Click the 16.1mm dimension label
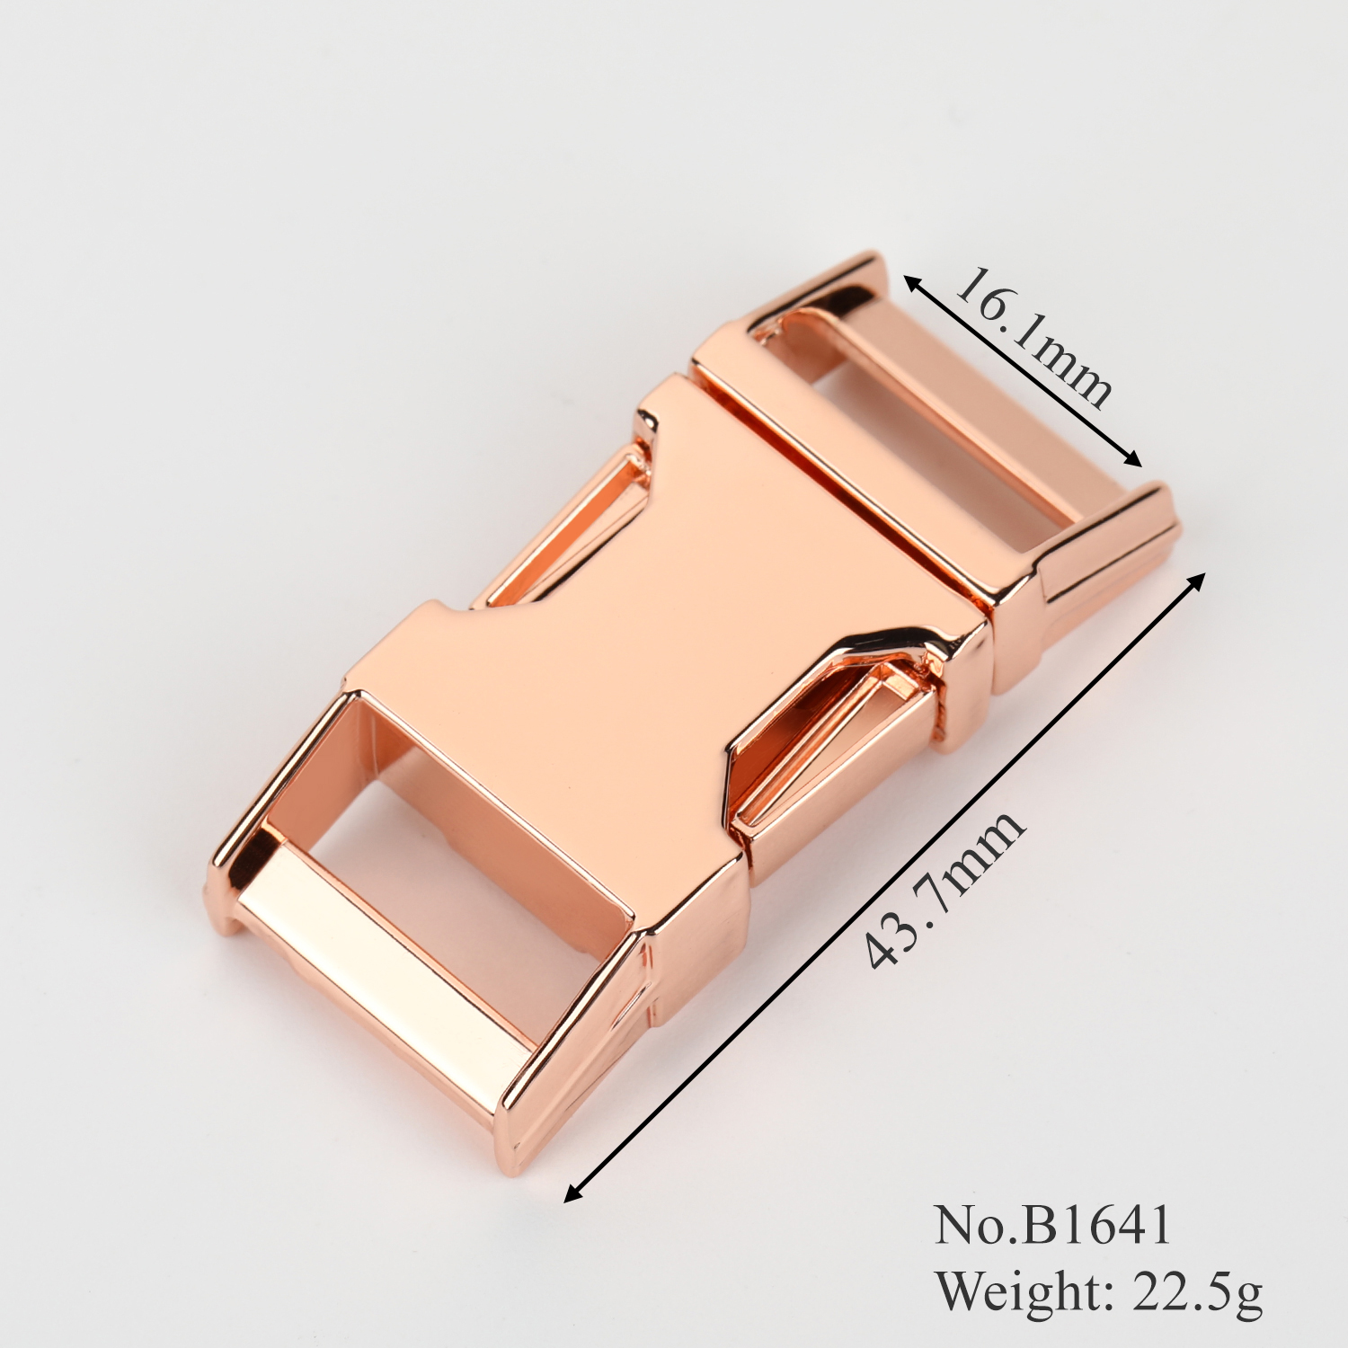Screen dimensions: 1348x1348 (1033, 337)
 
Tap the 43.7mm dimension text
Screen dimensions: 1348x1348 (944, 888)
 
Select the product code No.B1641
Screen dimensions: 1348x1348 (1053, 1224)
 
